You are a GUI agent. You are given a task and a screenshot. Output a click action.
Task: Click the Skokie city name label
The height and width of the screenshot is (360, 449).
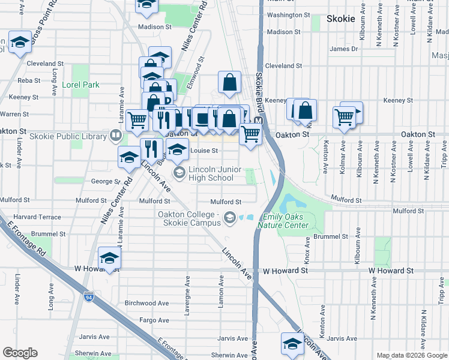click(342, 19)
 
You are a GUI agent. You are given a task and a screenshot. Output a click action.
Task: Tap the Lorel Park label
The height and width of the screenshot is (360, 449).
click(80, 85)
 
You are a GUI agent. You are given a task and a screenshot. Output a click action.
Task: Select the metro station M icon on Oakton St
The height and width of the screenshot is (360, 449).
click(259, 121)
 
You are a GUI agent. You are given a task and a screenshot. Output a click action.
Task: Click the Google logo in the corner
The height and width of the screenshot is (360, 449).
click(20, 353)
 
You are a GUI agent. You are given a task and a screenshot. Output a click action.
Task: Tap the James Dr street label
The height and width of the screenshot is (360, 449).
click(343, 49)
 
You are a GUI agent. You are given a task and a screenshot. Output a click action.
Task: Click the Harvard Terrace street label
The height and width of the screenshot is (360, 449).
click(37, 217)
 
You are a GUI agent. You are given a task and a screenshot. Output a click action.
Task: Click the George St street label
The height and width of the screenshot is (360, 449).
click(102, 181)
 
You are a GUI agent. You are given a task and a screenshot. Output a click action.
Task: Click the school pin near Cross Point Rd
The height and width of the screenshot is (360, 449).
click(20, 43)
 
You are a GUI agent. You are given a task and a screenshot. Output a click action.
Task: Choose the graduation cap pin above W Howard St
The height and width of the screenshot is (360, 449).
click(110, 258)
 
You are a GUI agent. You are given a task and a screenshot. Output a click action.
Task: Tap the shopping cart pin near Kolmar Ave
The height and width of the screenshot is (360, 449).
click(345, 117)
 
